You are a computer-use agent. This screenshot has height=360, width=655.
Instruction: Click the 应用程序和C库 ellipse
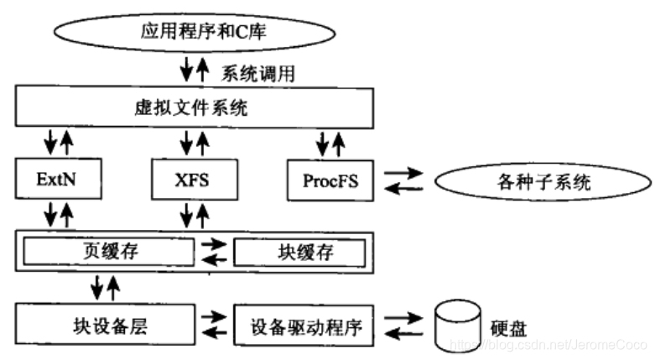(195, 33)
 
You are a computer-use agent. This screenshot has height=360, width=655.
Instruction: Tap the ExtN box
(56, 179)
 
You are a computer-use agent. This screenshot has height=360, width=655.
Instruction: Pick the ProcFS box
(329, 179)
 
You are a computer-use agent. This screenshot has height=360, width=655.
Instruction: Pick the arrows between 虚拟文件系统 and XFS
(192, 142)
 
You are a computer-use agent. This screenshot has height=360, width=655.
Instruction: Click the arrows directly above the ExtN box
(57, 142)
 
